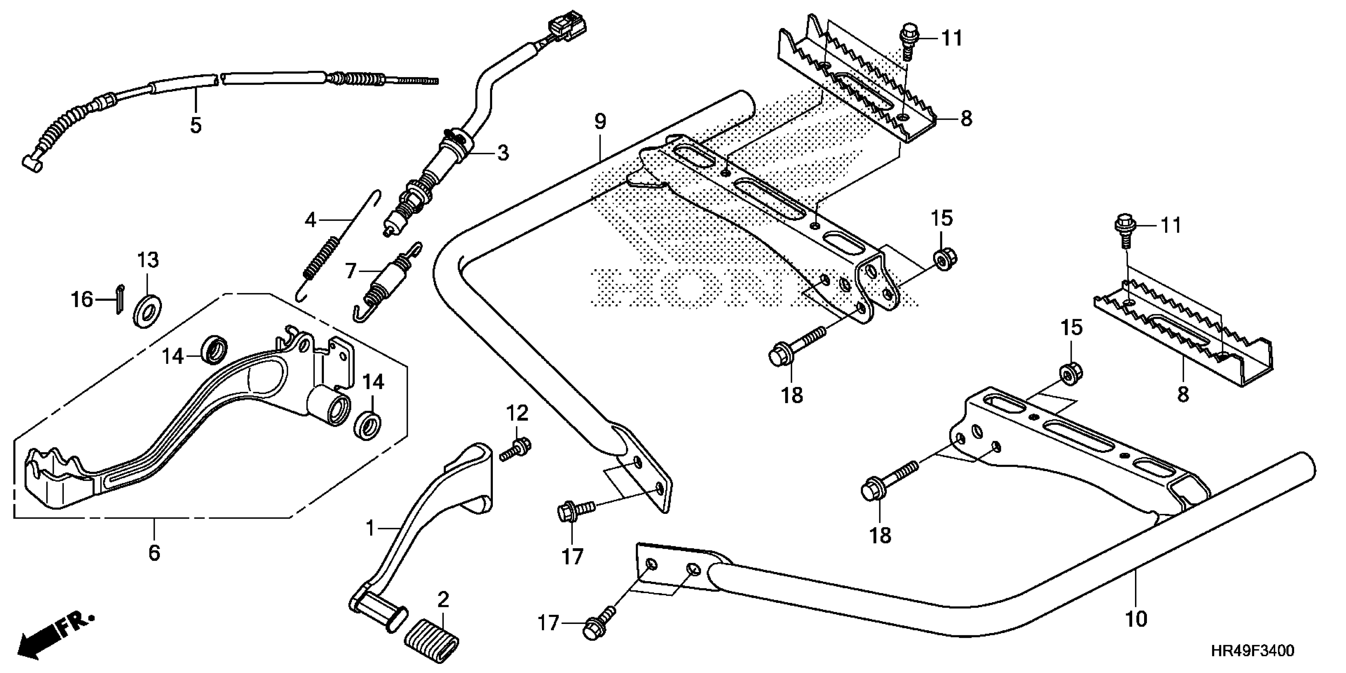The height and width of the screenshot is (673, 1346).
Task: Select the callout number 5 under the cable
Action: point(196,125)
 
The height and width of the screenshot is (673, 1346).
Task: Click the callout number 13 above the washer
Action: point(148,260)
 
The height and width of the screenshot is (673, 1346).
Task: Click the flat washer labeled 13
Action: point(148,312)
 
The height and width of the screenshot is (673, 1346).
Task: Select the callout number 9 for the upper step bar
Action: point(601,122)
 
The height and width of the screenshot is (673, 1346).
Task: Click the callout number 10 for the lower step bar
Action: point(1135,619)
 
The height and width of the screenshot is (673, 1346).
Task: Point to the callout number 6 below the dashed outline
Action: point(154,553)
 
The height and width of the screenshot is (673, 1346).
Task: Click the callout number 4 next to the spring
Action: point(310,221)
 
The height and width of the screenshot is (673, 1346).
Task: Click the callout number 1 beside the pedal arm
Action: point(370,529)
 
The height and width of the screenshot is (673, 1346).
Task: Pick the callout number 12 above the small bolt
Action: point(517,413)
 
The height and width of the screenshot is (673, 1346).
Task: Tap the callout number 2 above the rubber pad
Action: point(443,600)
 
